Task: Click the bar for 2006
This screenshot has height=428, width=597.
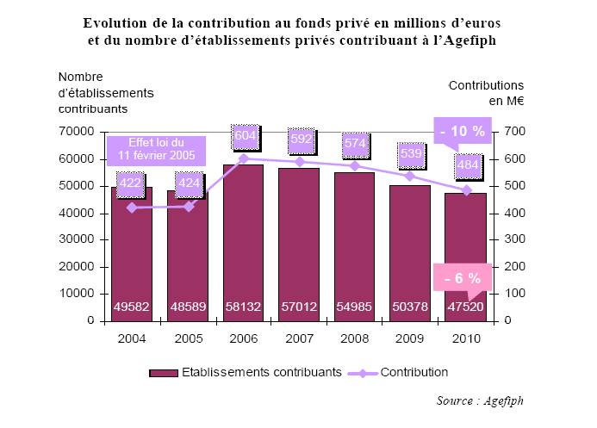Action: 243,241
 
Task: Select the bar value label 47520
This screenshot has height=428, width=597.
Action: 466,306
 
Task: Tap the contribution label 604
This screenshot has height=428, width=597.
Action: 244,137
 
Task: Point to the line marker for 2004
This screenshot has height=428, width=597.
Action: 132,208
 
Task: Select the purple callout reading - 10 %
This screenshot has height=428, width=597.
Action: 463,132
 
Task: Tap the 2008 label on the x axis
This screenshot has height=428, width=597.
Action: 354,338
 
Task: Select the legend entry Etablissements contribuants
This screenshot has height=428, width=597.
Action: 246,372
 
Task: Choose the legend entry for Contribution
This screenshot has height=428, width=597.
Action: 406,372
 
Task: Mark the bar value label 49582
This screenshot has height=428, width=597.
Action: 132,306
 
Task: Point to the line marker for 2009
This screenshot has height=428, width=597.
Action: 410,176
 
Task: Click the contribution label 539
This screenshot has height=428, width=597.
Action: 410,155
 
